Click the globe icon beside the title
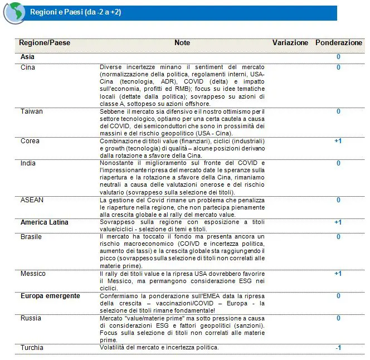[x=13, y=13]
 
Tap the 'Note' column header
[x=182, y=43]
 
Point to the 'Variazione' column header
[x=290, y=43]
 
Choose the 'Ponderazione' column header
[x=338, y=43]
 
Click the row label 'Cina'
[x=27, y=67]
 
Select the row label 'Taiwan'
[x=31, y=111]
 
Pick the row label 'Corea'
[x=30, y=141]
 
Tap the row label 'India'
[x=28, y=163]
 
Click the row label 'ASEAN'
[x=32, y=200]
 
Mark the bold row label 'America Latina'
[x=45, y=222]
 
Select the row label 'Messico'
[x=33, y=274]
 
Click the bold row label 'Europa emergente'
[x=50, y=296]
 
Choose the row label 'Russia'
[x=31, y=318]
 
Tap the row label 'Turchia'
[x=32, y=348]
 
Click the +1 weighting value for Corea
[x=338, y=141]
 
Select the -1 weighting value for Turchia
[x=338, y=348]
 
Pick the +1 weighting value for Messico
[x=338, y=274]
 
